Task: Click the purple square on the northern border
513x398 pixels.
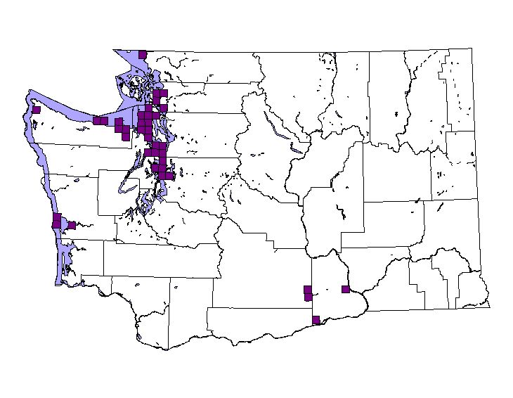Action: pos(142,54)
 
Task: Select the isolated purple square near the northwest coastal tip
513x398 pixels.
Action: pos(37,109)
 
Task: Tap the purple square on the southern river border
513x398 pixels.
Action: pos(316,319)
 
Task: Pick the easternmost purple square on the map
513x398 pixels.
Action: pos(345,289)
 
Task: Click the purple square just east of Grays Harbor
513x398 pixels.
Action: pos(72,225)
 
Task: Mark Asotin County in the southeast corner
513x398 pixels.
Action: pos(471,288)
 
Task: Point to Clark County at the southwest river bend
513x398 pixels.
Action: pos(151,330)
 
